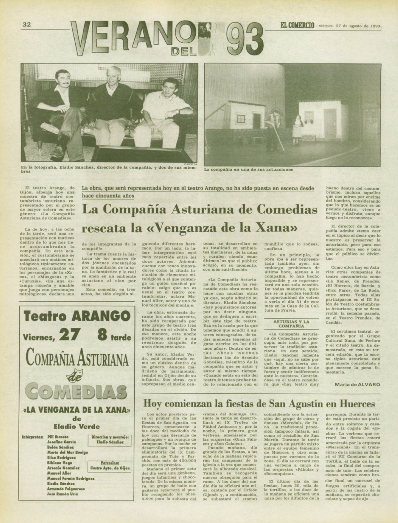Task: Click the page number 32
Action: click(x=27, y=24)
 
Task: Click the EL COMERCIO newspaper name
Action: click(x=297, y=25)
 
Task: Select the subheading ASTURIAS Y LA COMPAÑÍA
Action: click(x=287, y=324)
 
